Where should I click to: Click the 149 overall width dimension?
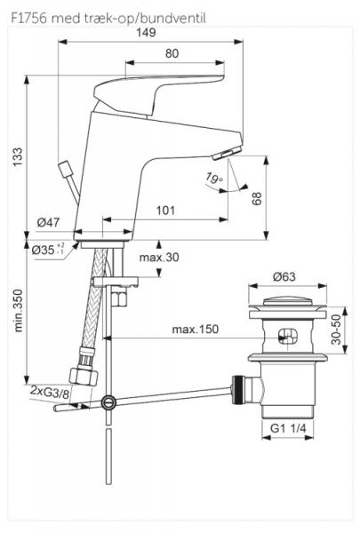147,32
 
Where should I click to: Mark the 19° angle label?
212,180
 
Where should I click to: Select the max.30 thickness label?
157,258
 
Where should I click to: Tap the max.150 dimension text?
196,330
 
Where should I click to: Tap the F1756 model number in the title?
28,16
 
